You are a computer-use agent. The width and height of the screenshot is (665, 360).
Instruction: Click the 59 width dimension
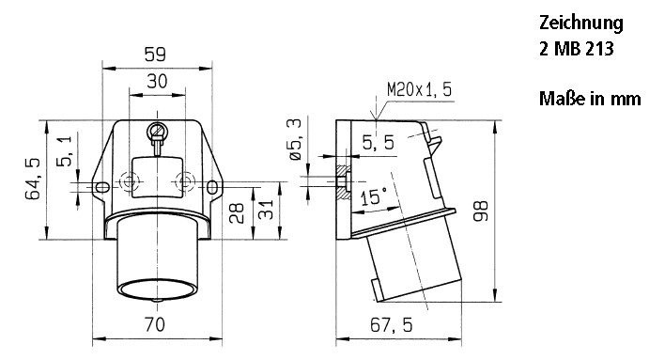157,55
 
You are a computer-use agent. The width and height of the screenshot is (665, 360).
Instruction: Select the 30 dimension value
157,82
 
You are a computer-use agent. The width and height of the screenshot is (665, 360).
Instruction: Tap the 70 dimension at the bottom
156,325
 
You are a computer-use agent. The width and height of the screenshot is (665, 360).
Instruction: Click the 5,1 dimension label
62,151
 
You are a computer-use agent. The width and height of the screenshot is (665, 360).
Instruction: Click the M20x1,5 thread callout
419,90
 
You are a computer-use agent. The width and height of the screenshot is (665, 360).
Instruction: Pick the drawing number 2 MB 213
577,50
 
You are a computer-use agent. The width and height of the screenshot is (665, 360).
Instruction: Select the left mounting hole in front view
101,187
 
